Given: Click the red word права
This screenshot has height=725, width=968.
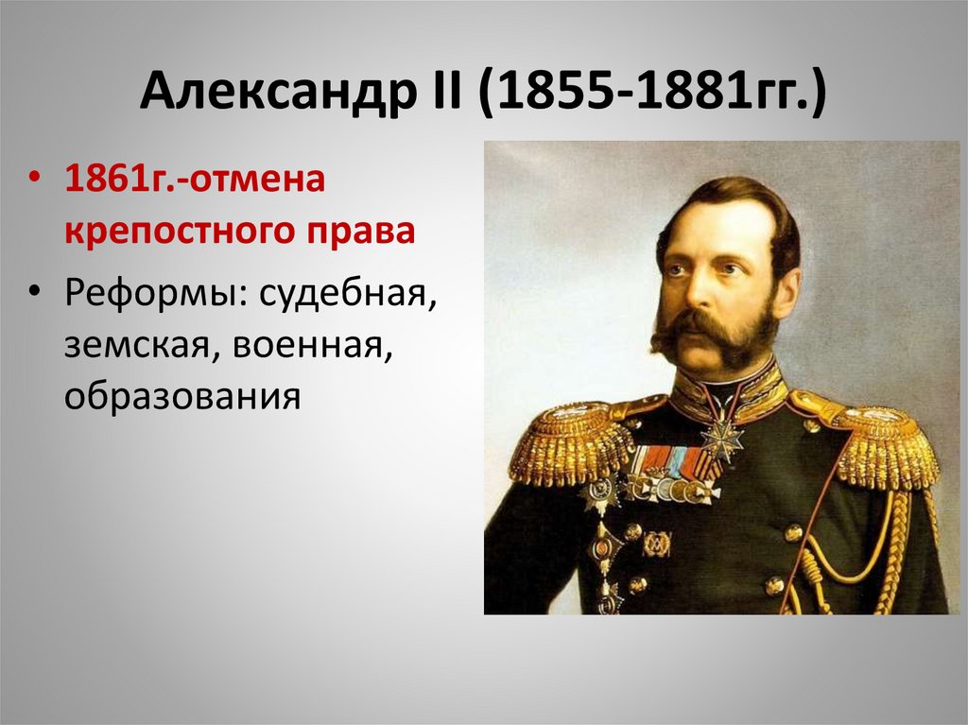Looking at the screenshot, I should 362,231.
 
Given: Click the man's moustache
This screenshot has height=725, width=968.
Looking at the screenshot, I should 711,331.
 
